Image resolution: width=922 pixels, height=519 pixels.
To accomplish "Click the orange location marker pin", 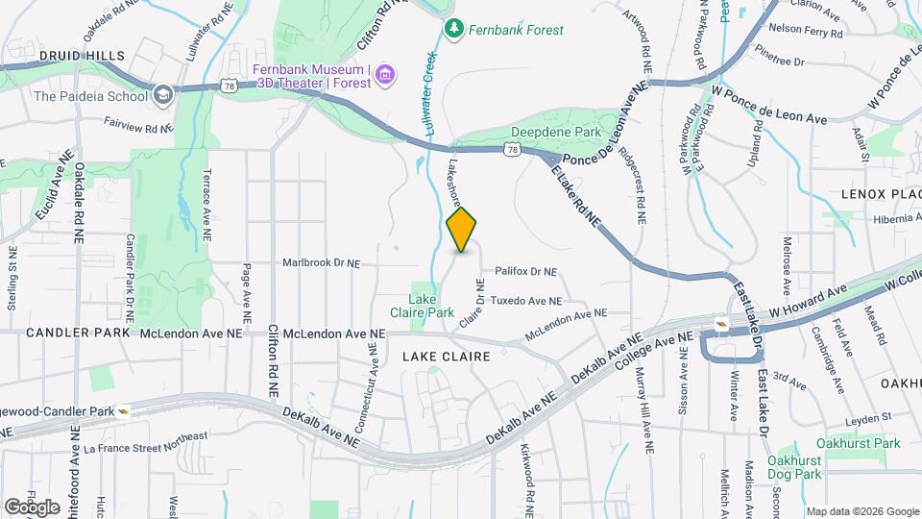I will (x=462, y=230).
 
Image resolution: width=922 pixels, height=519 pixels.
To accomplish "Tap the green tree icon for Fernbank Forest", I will (x=454, y=30).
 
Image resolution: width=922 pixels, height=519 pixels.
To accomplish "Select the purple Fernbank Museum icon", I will (x=384, y=74).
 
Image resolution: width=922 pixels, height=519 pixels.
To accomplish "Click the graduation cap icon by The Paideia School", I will (x=162, y=94).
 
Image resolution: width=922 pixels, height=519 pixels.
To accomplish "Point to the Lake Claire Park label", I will (x=423, y=307).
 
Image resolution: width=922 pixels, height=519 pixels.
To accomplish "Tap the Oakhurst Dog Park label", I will (x=796, y=468).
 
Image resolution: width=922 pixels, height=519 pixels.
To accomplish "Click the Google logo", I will (x=32, y=507).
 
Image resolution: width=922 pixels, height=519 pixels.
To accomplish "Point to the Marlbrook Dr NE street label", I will (x=321, y=261).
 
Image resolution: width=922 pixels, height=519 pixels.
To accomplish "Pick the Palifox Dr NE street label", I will (x=526, y=272).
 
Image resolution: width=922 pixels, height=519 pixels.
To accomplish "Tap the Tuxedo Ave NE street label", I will (x=525, y=301).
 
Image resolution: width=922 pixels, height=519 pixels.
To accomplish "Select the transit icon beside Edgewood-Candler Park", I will (x=124, y=410).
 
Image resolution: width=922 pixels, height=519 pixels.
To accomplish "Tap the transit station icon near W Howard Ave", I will (x=720, y=324).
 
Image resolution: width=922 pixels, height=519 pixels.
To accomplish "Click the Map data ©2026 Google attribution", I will (x=861, y=511).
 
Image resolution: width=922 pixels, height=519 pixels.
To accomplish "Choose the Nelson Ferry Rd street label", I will (x=806, y=29).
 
